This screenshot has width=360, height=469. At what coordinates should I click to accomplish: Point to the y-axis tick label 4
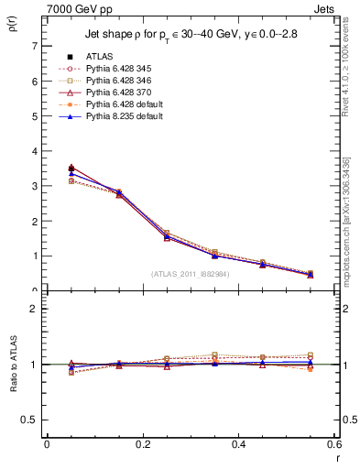34,151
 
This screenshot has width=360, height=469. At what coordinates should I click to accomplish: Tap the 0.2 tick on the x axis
143,443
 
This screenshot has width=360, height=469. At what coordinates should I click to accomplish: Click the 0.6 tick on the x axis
334,443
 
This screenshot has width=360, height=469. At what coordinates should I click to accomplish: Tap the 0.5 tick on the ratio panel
29,420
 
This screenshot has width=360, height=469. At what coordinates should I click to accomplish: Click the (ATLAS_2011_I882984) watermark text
189,274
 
